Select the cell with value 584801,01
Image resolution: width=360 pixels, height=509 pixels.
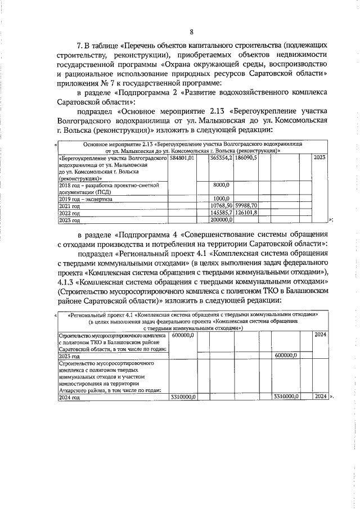tap(182, 159)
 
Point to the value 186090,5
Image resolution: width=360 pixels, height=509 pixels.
tap(246, 159)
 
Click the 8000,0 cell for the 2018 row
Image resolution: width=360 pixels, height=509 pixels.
tap(222, 184)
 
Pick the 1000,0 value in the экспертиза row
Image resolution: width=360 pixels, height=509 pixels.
tap(222, 199)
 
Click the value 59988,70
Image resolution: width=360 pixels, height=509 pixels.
tap(246, 206)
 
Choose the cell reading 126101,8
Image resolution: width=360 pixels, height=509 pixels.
tap(246, 213)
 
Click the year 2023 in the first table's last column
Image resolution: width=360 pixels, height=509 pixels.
tap(319, 159)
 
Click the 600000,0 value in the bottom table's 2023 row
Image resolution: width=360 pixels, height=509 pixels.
tap(286, 356)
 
